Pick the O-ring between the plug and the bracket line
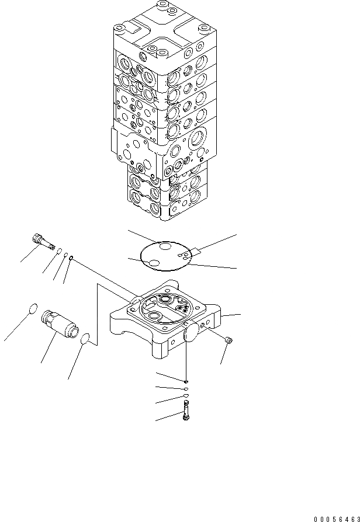85,338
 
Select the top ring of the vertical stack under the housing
186,381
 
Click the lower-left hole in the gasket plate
154,264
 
